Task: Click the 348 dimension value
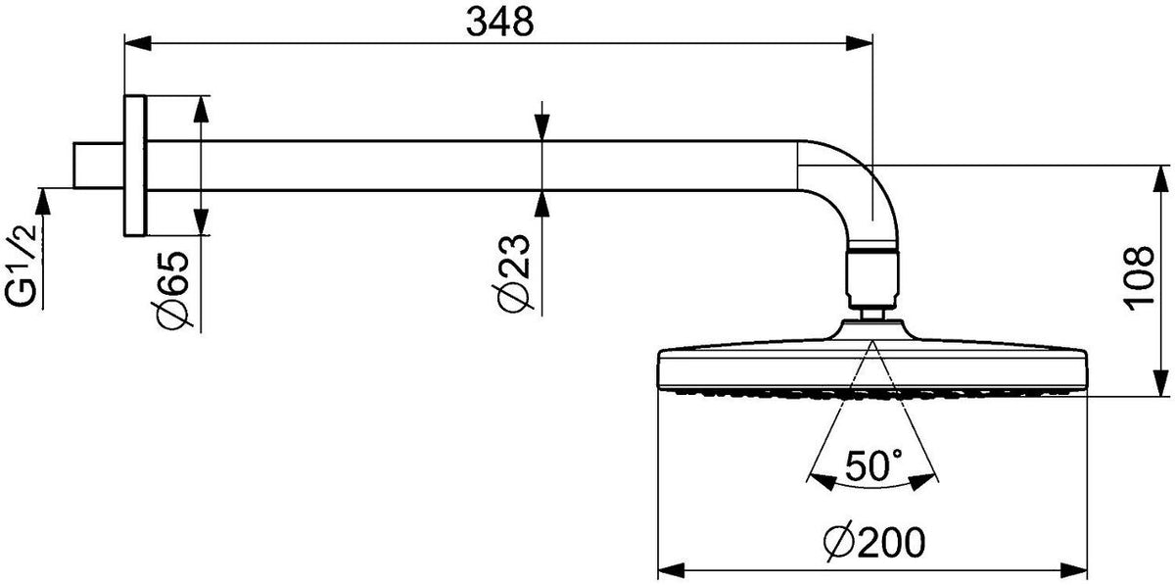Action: pyautogui.click(x=500, y=23)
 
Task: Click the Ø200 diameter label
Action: pyautogui.click(x=874, y=543)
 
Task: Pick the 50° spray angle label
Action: pyautogui.click(x=873, y=465)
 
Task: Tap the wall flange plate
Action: pyautogui.click(x=135, y=166)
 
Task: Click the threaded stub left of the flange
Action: pyautogui.click(x=99, y=165)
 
